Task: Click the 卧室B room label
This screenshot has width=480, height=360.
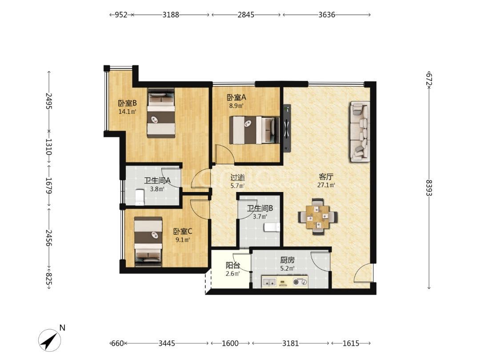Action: point(128,103)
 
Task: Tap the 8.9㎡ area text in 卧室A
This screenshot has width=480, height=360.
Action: point(236,106)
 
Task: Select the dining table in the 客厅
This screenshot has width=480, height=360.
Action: point(318,216)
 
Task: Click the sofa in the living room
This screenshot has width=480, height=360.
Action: point(360,132)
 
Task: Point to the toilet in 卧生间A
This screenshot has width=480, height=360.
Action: point(140,197)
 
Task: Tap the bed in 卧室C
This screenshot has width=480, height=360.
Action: point(148,240)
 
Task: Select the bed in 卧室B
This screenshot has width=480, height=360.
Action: point(161,112)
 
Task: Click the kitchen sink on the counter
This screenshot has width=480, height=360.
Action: point(270,282)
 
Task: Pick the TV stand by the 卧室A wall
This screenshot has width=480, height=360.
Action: point(287,128)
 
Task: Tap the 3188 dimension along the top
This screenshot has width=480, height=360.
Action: point(171,15)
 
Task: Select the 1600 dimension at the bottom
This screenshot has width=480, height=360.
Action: point(230,344)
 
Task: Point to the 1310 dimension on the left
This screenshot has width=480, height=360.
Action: point(49,147)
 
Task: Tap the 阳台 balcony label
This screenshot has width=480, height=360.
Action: point(232,265)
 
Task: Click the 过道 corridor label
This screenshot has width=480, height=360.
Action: point(237,177)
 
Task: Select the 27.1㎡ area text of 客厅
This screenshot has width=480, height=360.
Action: point(326,185)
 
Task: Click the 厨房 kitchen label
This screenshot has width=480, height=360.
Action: point(288,260)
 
